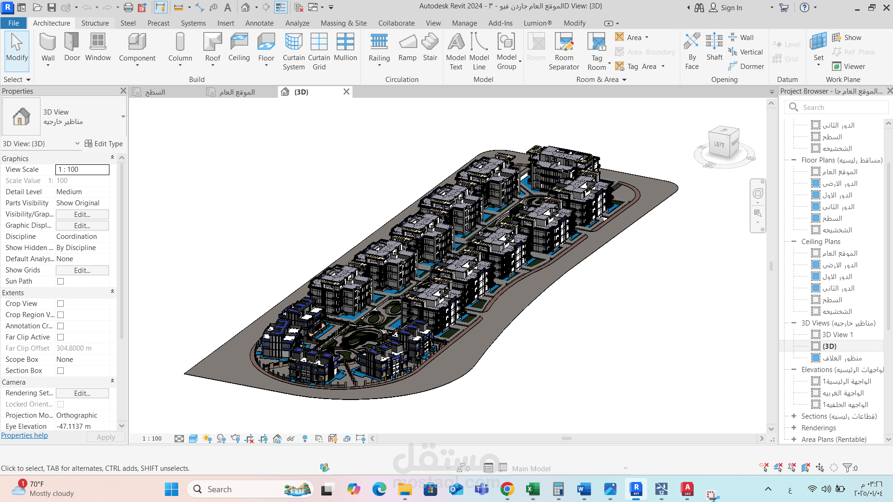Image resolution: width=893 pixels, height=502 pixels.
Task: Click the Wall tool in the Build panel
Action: click(48, 48)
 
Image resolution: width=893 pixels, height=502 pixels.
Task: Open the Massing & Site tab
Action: click(344, 23)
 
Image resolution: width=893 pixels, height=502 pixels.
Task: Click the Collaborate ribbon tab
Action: click(396, 23)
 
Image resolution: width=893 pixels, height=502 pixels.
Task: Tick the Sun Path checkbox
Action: click(61, 281)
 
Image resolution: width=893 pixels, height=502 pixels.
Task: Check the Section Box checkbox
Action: click(61, 371)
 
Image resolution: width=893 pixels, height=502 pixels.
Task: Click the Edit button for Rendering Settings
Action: click(82, 393)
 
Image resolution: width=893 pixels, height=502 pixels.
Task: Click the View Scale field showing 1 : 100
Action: click(82, 170)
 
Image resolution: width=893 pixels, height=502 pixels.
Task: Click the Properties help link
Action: click(25, 435)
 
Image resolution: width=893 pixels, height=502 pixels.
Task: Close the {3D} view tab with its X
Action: click(346, 92)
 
